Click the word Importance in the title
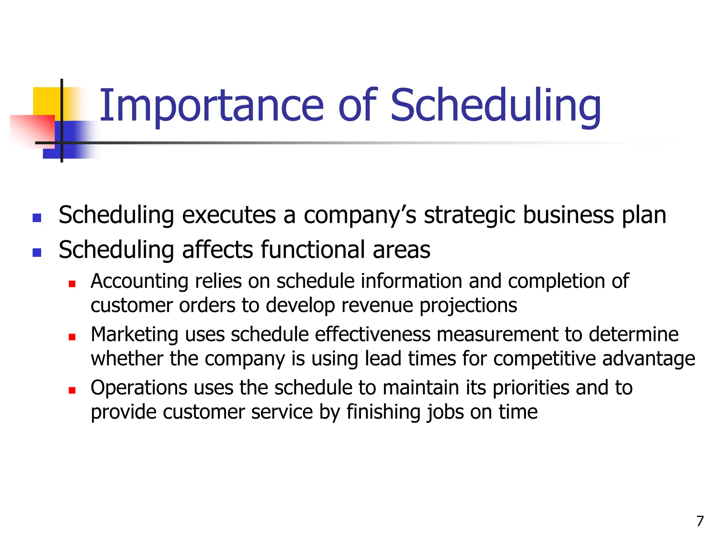(x=212, y=105)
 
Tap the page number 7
(x=700, y=521)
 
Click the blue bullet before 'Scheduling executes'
(x=37, y=218)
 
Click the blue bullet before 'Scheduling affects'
(x=37, y=252)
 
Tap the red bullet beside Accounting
(x=72, y=284)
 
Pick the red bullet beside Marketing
(x=72, y=337)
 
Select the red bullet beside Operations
(x=72, y=390)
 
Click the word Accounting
(x=139, y=281)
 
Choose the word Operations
(x=139, y=388)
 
